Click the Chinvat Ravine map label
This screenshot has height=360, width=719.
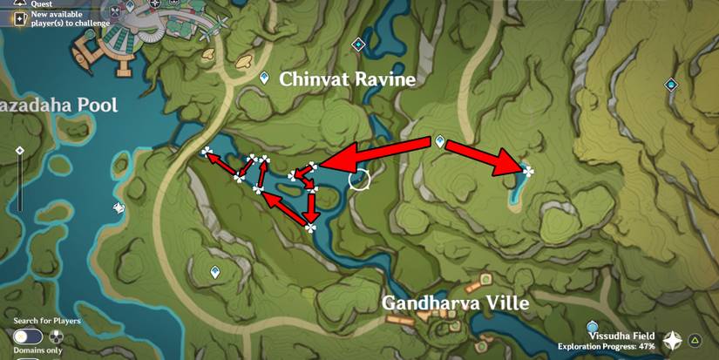347,80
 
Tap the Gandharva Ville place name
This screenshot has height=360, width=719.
456,303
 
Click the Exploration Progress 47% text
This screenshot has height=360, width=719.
607,346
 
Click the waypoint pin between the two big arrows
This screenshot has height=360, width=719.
440,140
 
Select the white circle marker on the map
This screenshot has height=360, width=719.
359,180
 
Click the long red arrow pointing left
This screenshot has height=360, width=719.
376,154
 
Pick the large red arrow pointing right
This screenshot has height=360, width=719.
483,158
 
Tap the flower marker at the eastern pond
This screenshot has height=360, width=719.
527,171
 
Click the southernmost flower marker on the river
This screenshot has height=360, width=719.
310,228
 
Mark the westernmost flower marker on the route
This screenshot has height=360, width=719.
207,153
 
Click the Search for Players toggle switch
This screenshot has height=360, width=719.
28,336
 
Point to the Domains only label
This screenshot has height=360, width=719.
37,350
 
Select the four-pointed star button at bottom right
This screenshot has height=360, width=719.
673,340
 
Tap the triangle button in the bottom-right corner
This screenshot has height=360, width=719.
695,340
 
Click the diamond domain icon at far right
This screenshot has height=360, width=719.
671,85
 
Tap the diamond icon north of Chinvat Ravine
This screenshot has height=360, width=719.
357,44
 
